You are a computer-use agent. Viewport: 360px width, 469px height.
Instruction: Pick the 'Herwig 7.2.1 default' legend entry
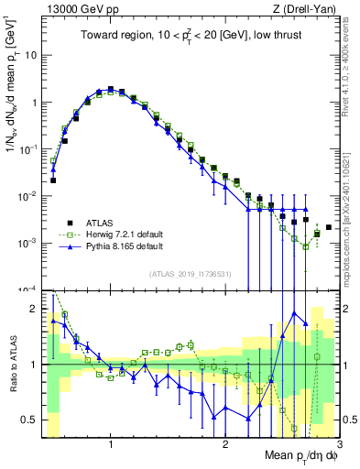110,234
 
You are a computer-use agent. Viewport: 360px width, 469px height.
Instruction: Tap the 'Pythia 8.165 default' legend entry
110,246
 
